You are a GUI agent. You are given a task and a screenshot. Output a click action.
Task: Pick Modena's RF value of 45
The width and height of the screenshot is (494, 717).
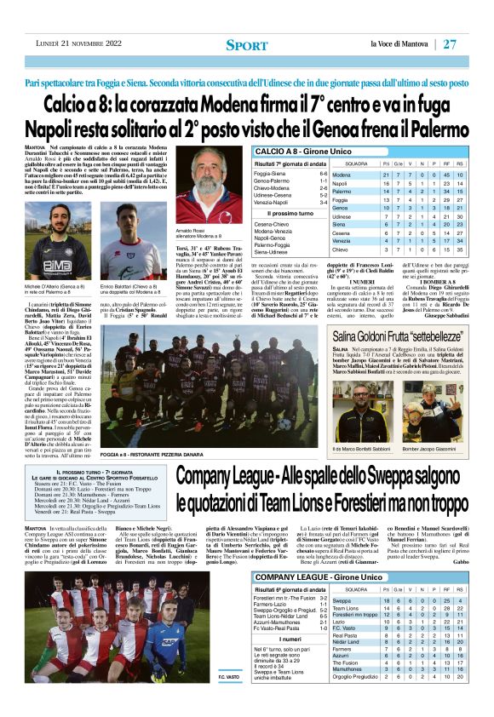(447, 175)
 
